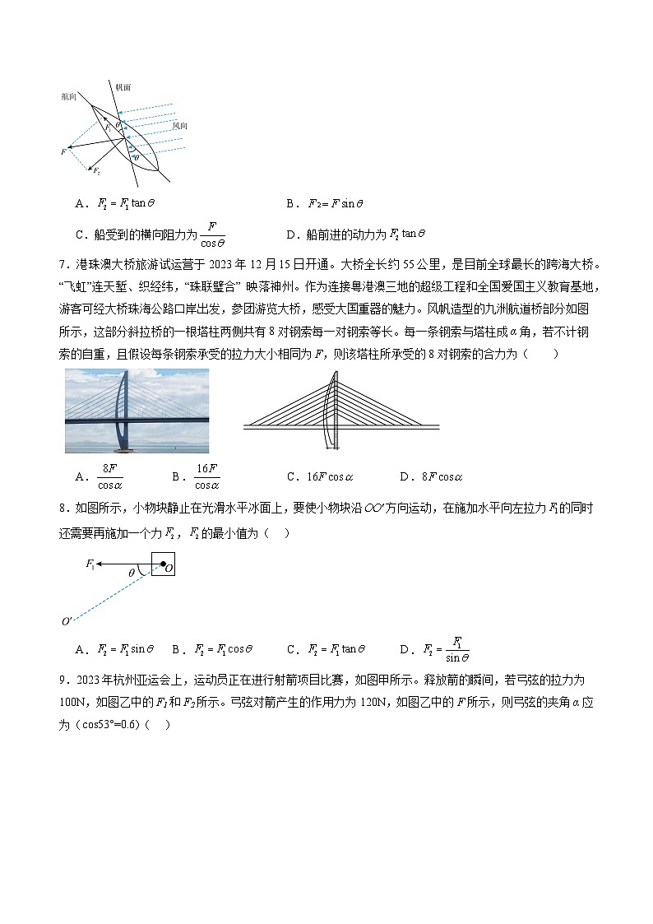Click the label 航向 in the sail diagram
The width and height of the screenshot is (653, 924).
pyautogui.click(x=68, y=96)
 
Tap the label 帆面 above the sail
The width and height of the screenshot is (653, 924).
pyautogui.click(x=123, y=86)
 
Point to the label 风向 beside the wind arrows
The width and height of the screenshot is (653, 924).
pyautogui.click(x=179, y=126)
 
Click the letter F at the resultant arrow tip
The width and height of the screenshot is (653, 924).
pyautogui.click(x=63, y=152)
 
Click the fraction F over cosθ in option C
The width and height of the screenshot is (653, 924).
pyautogui.click(x=213, y=234)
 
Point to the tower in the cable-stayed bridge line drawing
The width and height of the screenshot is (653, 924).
pyautogui.click(x=332, y=409)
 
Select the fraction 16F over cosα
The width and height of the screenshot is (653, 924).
pyautogui.click(x=206, y=476)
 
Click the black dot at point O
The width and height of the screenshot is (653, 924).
pyautogui.click(x=163, y=565)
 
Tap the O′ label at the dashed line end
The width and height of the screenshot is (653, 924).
pyautogui.click(x=67, y=621)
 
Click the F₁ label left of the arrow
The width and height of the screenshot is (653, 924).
pyautogui.click(x=90, y=564)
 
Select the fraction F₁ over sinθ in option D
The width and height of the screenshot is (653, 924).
pyautogui.click(x=457, y=649)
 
